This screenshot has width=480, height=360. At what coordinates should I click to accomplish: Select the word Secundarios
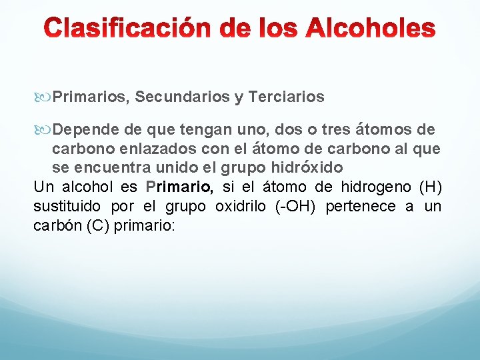point(181,97)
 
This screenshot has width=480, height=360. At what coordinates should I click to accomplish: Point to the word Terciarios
point(286,97)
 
